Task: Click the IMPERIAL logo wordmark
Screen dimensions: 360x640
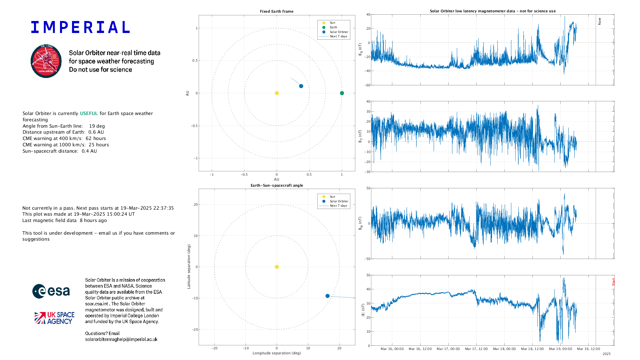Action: pos(80,27)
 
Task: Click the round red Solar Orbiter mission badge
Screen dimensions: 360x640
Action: pos(46,61)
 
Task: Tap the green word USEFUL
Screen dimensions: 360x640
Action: pos(89,113)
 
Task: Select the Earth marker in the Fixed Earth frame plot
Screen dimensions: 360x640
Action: pos(342,93)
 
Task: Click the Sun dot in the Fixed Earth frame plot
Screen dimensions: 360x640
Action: pos(277,93)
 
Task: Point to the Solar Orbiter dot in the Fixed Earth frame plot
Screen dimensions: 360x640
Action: pos(301,86)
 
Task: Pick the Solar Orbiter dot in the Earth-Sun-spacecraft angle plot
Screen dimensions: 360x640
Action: pos(327,296)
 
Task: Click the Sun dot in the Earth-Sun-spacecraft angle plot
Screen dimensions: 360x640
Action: pos(277,267)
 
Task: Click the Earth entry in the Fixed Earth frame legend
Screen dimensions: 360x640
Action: pos(333,27)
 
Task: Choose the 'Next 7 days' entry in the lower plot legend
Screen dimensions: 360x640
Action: pos(338,206)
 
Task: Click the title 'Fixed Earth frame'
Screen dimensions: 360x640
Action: pos(277,11)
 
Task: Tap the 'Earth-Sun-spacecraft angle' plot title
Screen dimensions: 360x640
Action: pos(277,185)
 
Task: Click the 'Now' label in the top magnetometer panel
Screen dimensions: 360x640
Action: pos(599,21)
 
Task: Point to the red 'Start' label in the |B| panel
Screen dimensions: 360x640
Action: pos(613,282)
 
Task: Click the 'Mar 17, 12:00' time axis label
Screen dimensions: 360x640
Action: pos(476,349)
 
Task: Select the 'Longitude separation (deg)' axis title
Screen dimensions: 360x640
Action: pos(277,353)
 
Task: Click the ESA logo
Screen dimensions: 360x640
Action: pos(51,291)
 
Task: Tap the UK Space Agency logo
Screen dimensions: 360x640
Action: pos(54,318)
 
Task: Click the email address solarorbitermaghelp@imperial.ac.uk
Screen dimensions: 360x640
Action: pos(121,339)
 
